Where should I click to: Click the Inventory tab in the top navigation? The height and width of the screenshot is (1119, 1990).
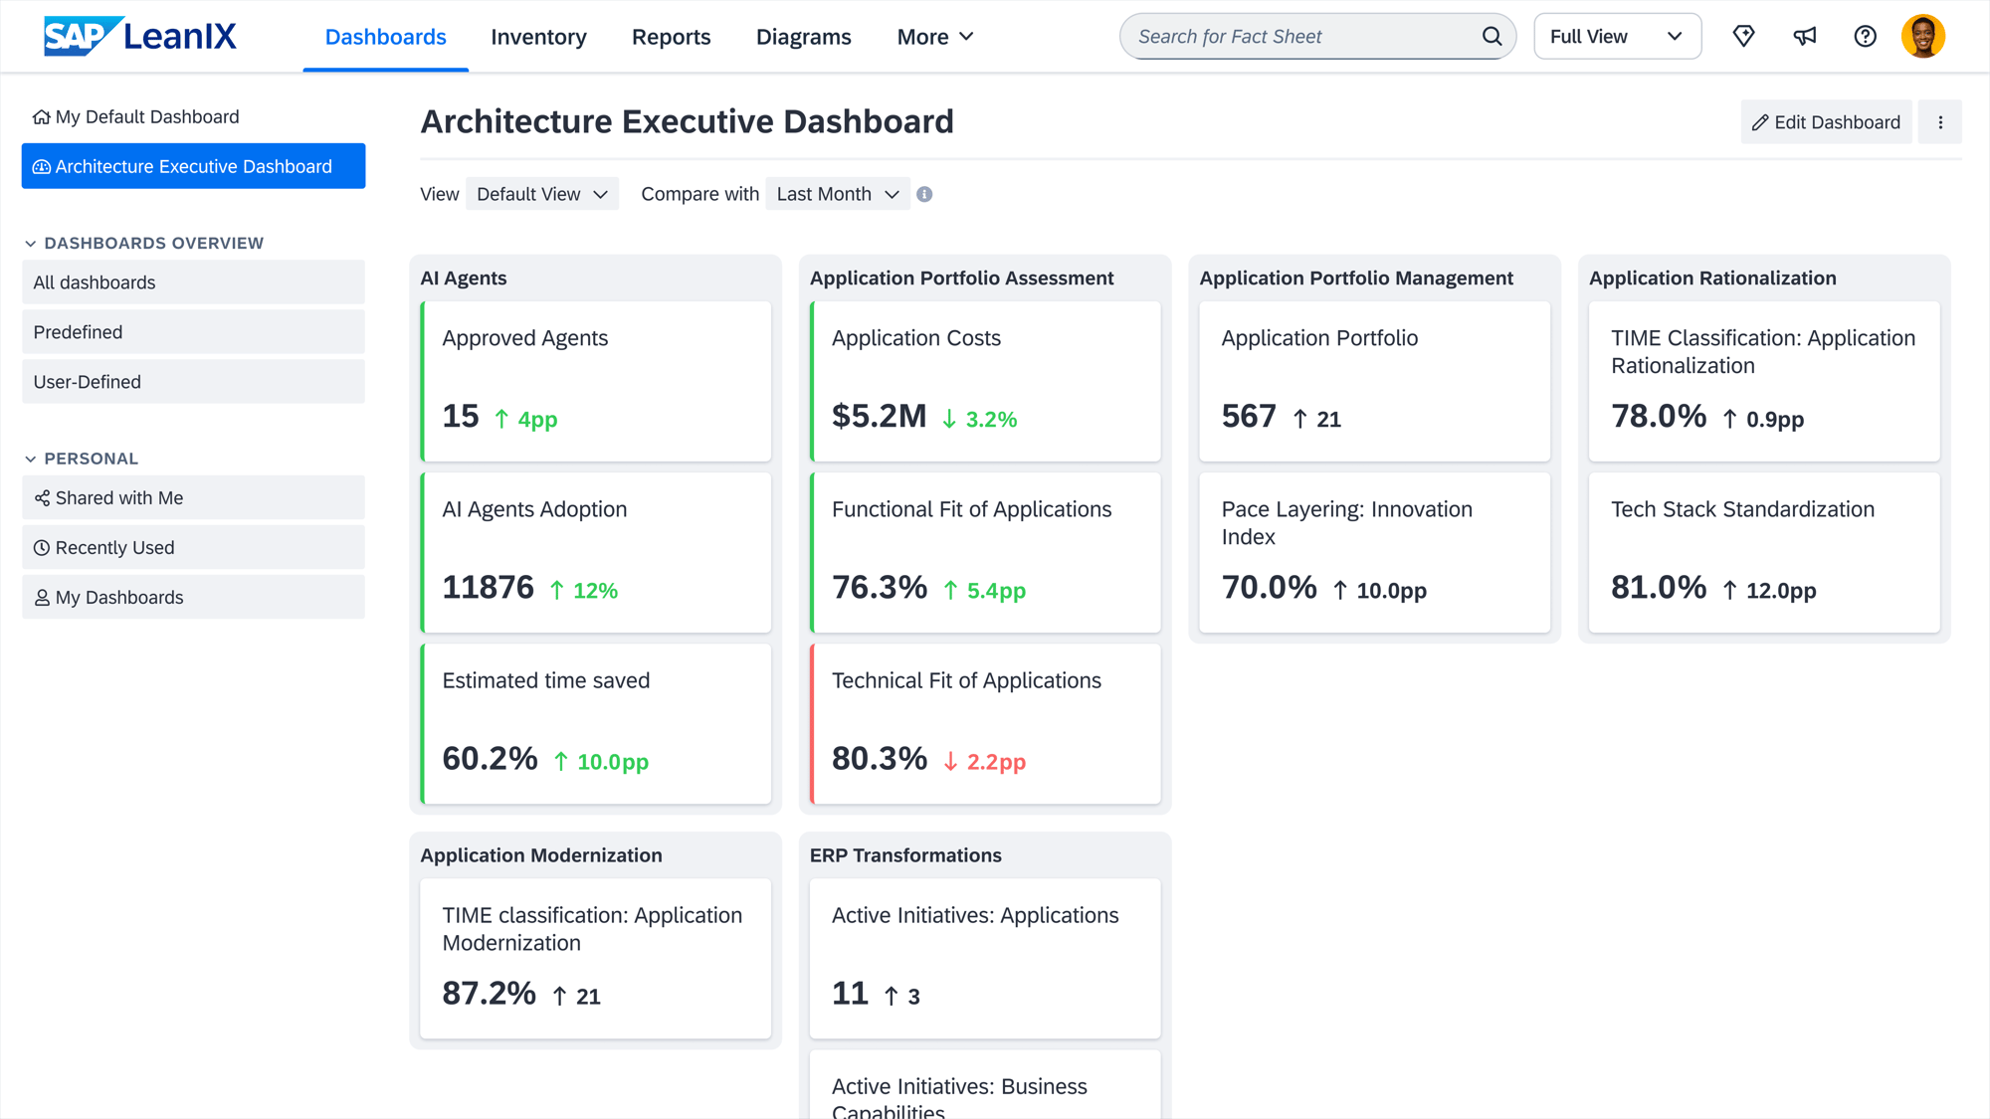pos(538,37)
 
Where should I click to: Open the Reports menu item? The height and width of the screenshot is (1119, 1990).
pos(671,37)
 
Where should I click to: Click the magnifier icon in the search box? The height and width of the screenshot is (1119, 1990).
pos(1492,37)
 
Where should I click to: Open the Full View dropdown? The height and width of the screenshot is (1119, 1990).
pos(1616,37)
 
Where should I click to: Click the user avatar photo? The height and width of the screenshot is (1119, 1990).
pos(1922,37)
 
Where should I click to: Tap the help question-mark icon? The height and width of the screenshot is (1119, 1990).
pos(1865,37)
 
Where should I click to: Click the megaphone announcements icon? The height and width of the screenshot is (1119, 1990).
pos(1804,37)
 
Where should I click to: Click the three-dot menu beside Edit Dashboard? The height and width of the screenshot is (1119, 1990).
pos(1939,122)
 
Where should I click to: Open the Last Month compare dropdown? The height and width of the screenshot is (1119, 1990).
pos(837,194)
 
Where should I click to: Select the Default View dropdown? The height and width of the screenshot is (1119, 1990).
pos(541,194)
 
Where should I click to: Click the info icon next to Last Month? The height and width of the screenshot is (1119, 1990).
pos(924,194)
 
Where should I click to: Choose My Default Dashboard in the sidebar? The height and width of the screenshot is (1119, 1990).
pos(147,117)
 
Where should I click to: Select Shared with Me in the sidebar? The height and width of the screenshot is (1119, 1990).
pos(118,498)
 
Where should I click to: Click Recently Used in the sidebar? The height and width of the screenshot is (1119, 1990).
pos(114,548)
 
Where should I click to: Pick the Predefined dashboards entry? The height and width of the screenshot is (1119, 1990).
pos(78,332)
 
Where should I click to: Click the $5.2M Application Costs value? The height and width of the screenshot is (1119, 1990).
pos(879,416)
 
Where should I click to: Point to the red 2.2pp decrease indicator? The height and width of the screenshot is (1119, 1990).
pos(984,762)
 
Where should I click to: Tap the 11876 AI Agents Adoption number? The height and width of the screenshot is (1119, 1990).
pos(488,587)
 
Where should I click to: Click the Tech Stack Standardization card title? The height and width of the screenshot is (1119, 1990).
pos(1742,509)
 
